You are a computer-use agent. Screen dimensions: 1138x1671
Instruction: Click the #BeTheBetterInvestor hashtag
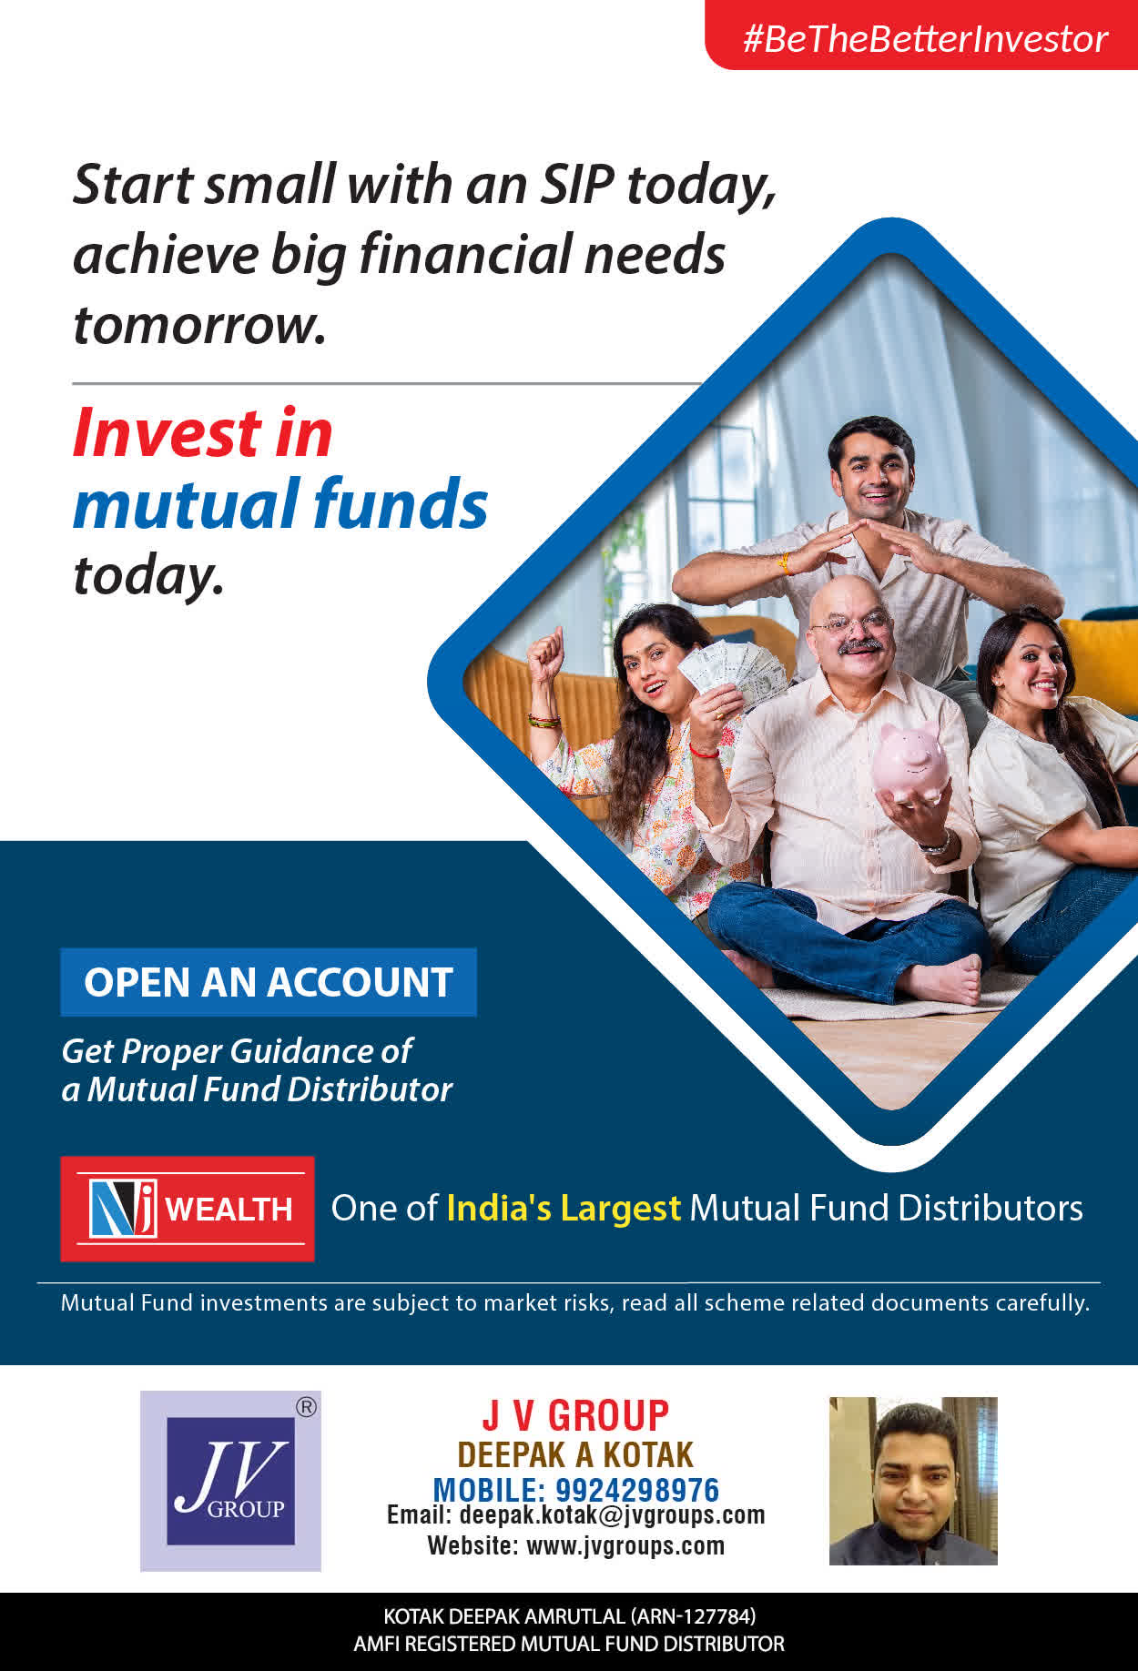(x=925, y=39)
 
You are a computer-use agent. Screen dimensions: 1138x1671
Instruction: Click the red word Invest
(x=203, y=432)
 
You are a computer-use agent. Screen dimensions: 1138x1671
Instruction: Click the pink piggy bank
(x=909, y=763)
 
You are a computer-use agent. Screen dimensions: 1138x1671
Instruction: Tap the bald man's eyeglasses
(x=850, y=624)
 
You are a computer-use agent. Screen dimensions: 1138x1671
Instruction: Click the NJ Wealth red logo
(x=188, y=1209)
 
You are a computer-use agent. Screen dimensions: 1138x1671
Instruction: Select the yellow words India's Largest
(x=564, y=1208)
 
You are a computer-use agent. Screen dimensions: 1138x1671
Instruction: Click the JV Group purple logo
(x=230, y=1481)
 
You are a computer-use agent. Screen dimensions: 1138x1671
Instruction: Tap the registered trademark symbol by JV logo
(x=307, y=1407)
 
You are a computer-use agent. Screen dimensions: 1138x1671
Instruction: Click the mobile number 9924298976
(x=637, y=1490)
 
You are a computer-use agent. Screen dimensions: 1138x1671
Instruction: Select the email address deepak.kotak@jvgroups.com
(x=612, y=1515)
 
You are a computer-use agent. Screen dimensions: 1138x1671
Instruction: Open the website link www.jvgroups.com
(x=625, y=1545)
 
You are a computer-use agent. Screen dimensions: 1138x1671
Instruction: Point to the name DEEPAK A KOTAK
(x=575, y=1454)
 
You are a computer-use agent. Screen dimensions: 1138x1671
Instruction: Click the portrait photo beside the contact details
(x=913, y=1481)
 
